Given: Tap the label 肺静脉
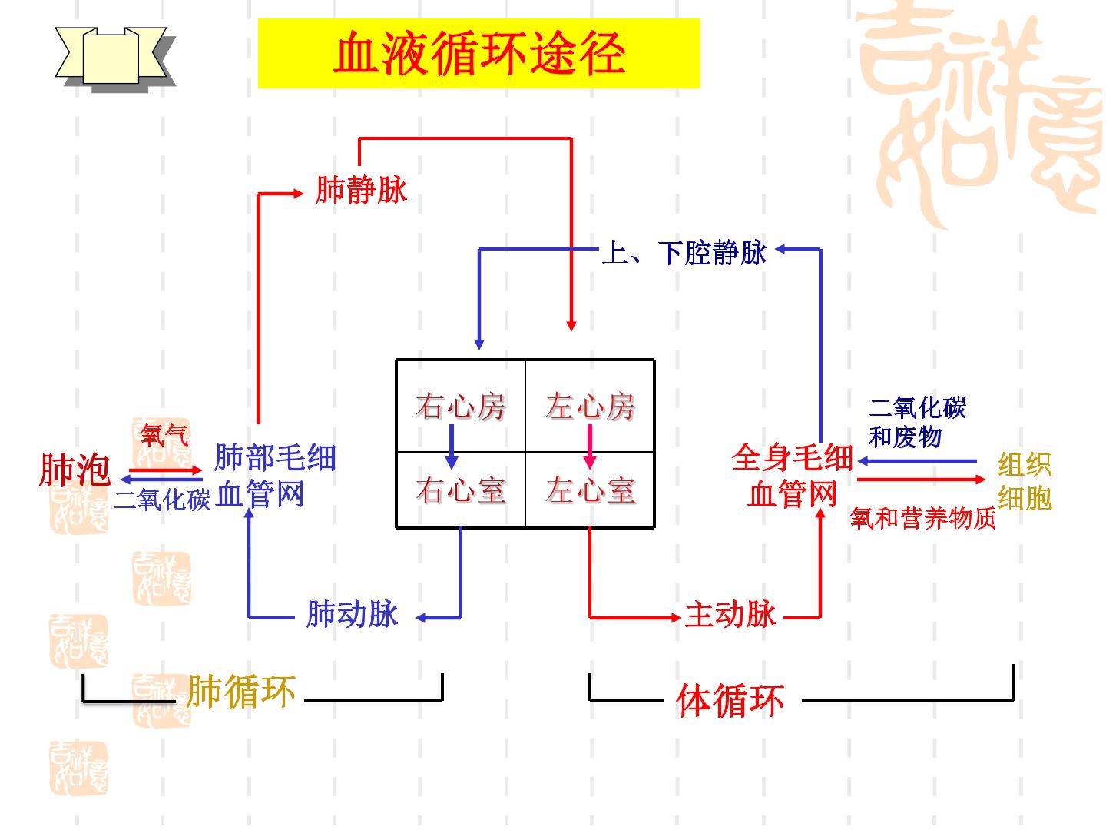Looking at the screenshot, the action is point(361,190).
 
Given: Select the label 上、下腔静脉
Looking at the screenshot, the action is point(684,253).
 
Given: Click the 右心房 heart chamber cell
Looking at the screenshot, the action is point(461,405).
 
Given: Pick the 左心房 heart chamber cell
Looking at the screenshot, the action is point(590,405).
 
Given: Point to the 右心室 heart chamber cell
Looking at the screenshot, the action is point(461,490).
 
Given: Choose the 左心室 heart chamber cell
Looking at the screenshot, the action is point(590,490).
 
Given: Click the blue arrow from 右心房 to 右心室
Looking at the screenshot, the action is point(452,447).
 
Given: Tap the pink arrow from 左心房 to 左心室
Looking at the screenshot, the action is point(590,447).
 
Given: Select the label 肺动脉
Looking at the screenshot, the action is point(352,614).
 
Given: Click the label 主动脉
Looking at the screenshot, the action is point(730,614).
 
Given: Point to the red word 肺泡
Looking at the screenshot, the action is point(75,469).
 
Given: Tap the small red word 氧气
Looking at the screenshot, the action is point(164,434).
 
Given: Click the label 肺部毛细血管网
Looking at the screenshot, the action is point(275,475).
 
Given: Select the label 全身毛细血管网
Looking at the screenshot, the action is point(792,475).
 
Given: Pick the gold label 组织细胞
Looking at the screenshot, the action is point(1025,481).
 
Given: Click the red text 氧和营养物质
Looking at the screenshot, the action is point(923,518).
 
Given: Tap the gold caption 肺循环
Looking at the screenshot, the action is point(241,692).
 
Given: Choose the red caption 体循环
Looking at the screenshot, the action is point(730,700).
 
